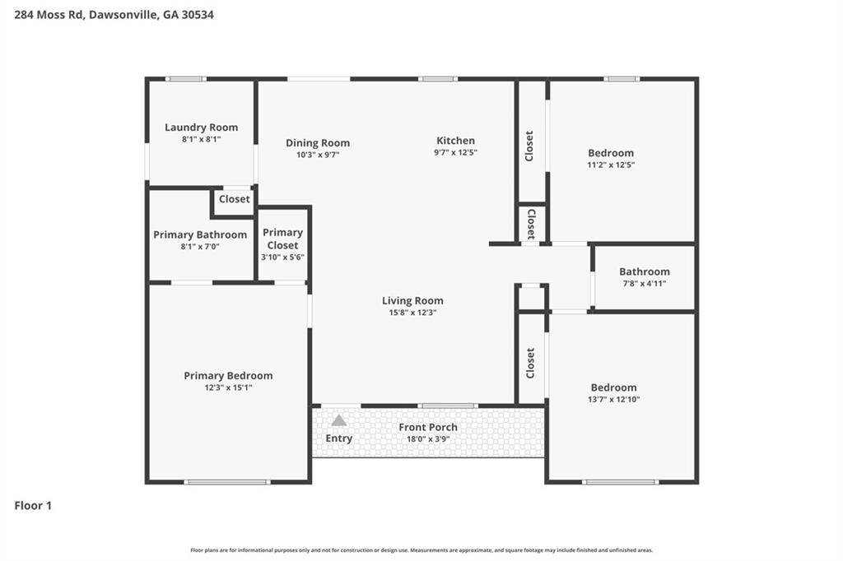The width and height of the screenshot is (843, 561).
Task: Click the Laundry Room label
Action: click(x=201, y=128)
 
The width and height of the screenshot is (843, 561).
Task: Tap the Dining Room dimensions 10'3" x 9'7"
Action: click(x=318, y=155)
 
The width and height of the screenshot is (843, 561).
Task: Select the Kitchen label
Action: click(x=455, y=141)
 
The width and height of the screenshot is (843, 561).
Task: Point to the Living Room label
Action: click(x=412, y=301)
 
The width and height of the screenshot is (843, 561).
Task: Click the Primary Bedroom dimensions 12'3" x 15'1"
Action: click(x=228, y=387)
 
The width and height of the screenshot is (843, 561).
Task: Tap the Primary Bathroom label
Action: click(x=200, y=235)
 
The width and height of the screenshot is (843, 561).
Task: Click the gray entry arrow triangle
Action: click(x=338, y=420)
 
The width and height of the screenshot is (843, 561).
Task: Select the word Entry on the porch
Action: click(x=338, y=438)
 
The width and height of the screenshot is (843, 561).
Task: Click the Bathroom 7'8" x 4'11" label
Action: click(x=645, y=271)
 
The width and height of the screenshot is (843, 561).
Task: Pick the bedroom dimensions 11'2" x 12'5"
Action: click(x=611, y=165)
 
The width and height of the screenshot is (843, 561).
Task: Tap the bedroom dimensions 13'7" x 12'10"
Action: click(x=613, y=400)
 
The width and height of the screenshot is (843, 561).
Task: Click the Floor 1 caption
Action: click(x=33, y=506)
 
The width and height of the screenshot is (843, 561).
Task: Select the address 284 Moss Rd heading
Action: click(x=114, y=15)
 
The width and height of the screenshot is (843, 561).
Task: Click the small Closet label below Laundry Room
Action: click(x=235, y=199)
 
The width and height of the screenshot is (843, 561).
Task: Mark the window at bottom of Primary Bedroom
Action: click(x=227, y=482)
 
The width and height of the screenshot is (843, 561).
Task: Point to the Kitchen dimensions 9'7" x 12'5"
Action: click(x=455, y=152)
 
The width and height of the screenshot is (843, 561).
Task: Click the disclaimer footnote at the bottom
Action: click(x=421, y=550)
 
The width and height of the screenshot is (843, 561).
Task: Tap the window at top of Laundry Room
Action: click(x=185, y=79)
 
